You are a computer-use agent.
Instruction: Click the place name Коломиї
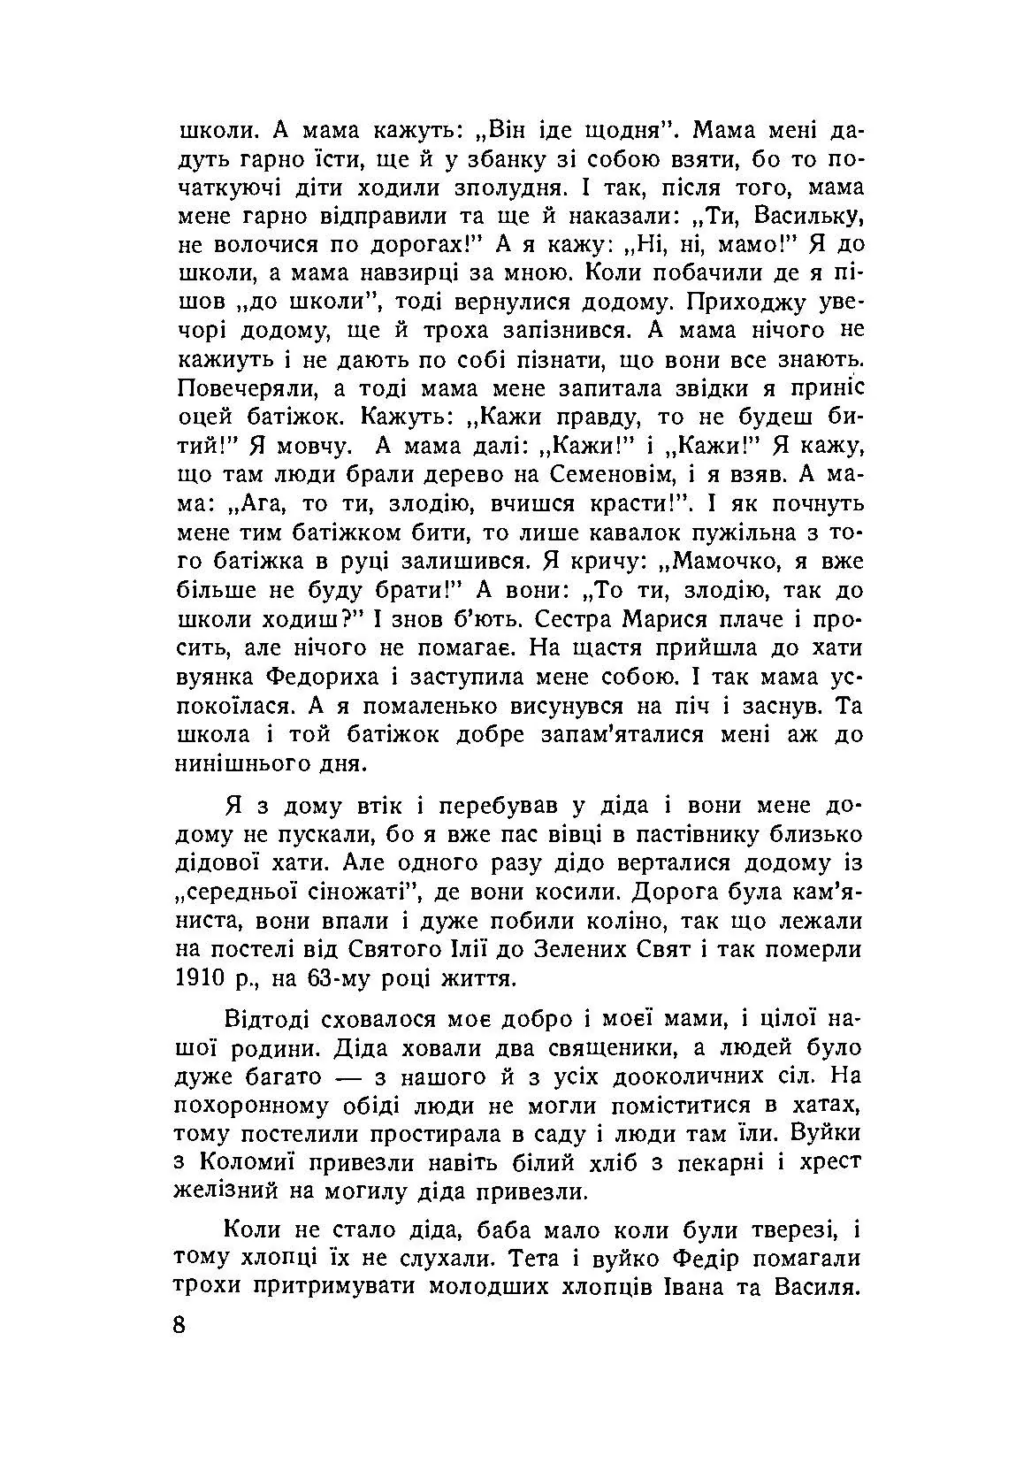(259, 1161)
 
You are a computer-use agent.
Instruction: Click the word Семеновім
(615, 475)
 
